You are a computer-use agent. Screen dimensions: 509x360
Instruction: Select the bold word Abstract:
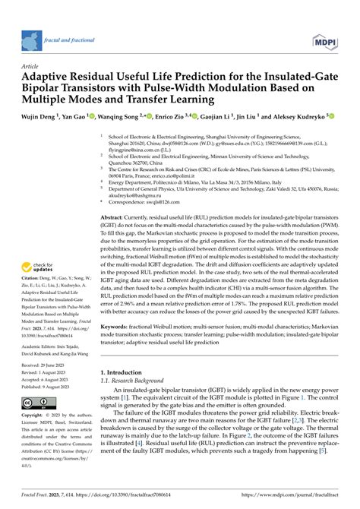(115, 217)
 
